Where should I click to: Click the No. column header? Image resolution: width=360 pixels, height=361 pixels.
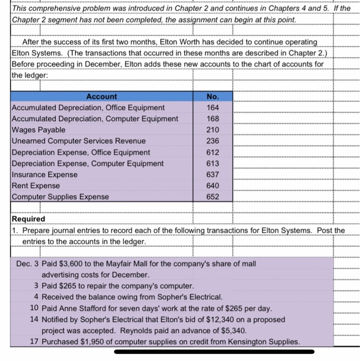click(x=212, y=96)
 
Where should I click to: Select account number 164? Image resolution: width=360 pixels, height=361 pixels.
click(x=212, y=107)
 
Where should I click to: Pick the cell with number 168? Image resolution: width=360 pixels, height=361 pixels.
click(x=212, y=119)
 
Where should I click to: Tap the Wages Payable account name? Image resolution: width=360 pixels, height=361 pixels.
click(x=39, y=130)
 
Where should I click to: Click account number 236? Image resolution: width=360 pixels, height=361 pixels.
click(x=212, y=141)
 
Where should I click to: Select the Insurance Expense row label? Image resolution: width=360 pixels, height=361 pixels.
click(x=44, y=174)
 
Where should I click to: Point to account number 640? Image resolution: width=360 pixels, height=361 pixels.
click(x=212, y=185)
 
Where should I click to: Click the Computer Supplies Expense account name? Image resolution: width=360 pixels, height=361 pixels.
click(x=60, y=196)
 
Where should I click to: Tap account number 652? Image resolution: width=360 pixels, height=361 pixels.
click(x=212, y=196)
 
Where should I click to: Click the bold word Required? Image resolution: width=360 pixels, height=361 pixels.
click(x=28, y=219)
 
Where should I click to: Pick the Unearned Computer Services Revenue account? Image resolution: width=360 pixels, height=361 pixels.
click(x=78, y=141)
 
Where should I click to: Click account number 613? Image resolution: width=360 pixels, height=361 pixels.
click(x=212, y=163)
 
